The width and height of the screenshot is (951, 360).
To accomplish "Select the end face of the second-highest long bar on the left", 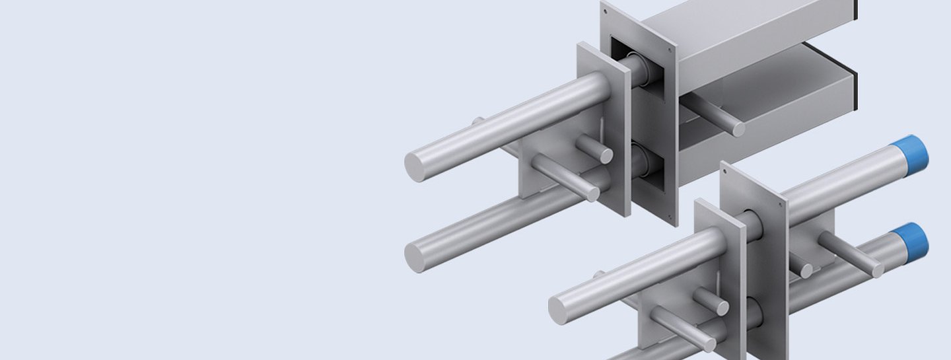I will pyautogui.click(x=418, y=257).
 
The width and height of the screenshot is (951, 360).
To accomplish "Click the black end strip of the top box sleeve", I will pyautogui.click(x=855, y=9).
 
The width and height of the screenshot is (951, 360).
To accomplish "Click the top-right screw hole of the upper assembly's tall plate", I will pyautogui.click(x=671, y=48).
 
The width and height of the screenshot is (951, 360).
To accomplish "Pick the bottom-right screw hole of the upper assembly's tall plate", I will pyautogui.click(x=672, y=215).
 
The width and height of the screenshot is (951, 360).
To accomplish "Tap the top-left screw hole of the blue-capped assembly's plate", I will pyautogui.click(x=725, y=170).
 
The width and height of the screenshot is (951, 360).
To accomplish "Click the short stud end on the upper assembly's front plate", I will pyautogui.click(x=604, y=155).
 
